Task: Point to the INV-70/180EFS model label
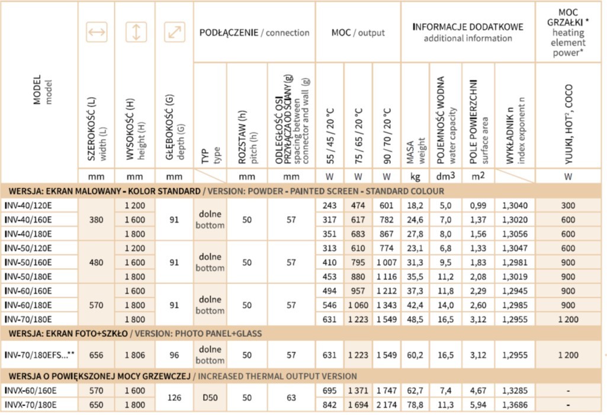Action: (41, 355)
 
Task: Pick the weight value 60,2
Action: (415, 355)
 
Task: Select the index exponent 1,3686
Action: (514, 405)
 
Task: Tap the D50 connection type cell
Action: (210, 398)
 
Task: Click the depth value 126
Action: (174, 398)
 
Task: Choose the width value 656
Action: (97, 355)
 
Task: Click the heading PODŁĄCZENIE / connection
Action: (254, 33)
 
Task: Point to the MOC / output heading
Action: (358, 33)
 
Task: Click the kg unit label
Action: (415, 176)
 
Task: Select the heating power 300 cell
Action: (568, 205)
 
